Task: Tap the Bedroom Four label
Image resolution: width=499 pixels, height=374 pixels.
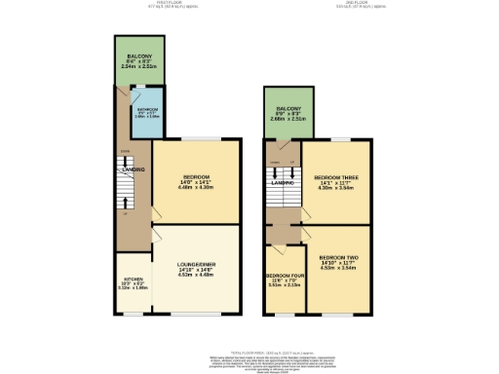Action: point(284,276)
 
